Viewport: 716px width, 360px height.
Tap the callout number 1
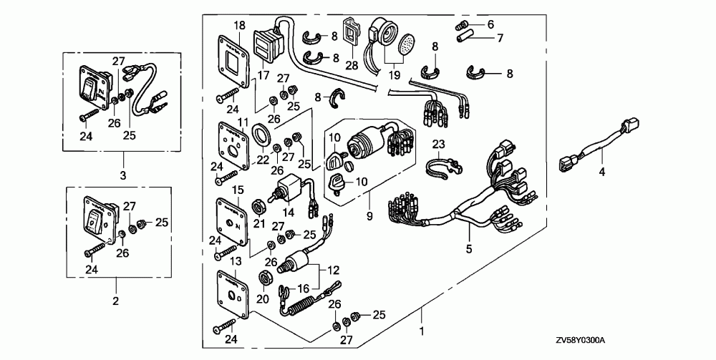(422, 331)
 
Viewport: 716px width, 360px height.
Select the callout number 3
(123, 175)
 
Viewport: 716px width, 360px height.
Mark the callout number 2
(115, 301)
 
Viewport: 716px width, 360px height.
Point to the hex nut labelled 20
(264, 278)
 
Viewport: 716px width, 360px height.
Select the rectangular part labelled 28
(351, 32)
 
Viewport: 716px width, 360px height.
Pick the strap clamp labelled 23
(441, 167)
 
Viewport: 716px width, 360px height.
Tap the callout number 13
(235, 261)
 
